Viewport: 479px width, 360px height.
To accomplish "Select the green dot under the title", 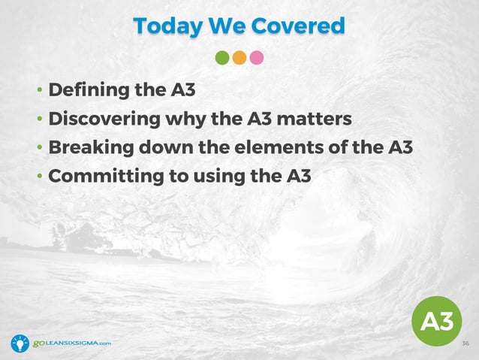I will click(222, 58).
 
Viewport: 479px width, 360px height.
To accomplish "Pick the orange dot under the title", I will click(239, 58).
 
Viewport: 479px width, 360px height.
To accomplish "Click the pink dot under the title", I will click(257, 58).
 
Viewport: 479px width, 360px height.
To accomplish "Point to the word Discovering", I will click(100, 119).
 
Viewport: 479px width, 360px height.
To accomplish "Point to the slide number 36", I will click(465, 343).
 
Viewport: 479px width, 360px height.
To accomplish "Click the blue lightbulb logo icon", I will click(20, 343).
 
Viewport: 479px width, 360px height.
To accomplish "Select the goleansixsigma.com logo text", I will click(72, 343).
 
